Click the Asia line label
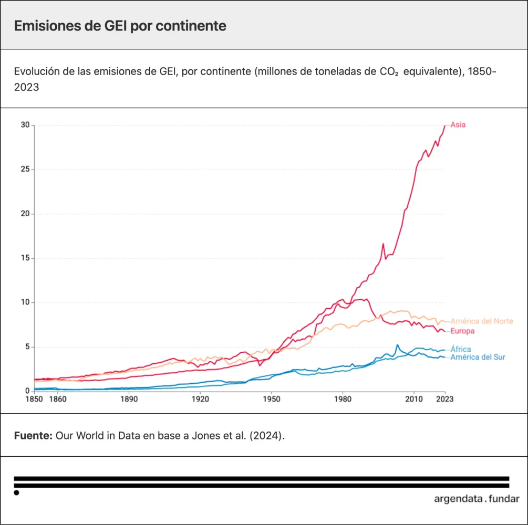458,125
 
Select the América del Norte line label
482,321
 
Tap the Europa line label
463,331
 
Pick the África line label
461,349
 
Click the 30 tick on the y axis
25,125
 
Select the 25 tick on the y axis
25,170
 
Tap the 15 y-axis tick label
25,258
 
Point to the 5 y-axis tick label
27,347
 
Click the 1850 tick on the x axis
34,399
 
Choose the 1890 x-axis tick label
129,399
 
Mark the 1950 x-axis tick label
271,399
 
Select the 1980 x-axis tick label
343,399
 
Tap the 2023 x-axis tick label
444,399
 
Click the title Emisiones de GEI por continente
120,26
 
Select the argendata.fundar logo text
477,499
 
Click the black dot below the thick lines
17,492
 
